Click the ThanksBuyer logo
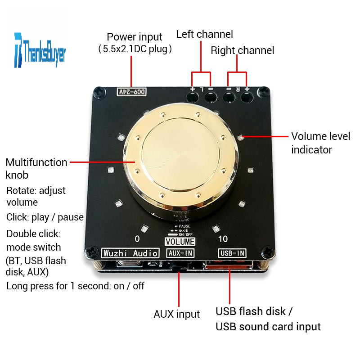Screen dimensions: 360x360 [40, 50]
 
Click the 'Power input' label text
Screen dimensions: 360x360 [134, 37]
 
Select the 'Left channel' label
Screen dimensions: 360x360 [204, 34]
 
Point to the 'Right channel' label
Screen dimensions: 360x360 [242, 50]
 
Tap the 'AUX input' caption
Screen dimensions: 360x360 [176, 314]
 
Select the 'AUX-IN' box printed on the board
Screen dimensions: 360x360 [180, 253]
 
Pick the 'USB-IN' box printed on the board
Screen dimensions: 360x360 [232, 253]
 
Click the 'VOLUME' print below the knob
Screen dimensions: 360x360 [180, 242]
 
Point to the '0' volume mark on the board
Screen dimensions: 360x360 [137, 238]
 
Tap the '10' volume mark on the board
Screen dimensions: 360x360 [223, 238]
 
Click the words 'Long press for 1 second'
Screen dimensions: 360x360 [58, 286]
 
